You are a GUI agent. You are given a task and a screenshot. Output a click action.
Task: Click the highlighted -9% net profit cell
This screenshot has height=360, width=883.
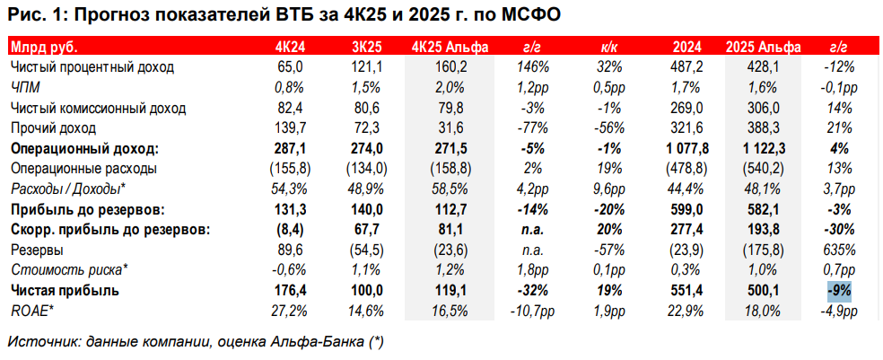coord(838,291)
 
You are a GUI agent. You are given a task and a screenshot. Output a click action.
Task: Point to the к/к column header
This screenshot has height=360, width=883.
coord(607,48)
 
